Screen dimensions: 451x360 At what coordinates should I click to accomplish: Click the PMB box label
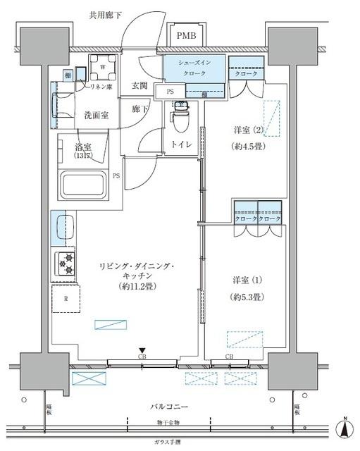(187, 36)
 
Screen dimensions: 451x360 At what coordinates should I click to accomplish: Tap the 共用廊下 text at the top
(105, 14)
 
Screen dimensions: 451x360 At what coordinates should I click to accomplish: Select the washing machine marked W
(103, 68)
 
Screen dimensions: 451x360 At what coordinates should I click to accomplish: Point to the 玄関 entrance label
(139, 86)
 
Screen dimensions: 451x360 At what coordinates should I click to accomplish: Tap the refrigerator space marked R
(66, 298)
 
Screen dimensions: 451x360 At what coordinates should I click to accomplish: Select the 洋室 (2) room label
(249, 130)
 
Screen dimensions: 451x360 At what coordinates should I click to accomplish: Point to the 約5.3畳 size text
(247, 297)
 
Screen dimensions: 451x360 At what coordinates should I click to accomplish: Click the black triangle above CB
(142, 350)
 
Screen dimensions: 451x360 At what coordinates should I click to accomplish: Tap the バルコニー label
(169, 407)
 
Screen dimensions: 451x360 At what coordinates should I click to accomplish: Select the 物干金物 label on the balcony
(168, 423)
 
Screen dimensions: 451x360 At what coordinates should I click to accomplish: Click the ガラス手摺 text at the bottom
(168, 441)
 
